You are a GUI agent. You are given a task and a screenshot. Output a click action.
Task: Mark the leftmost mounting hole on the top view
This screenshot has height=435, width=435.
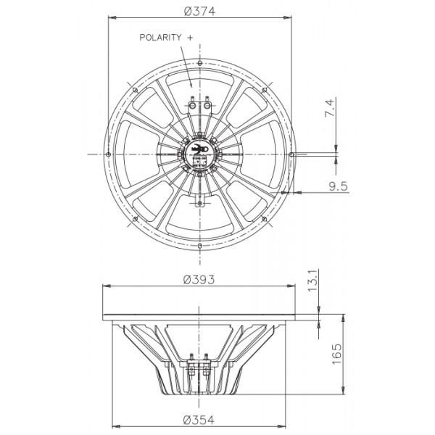[x=107, y=154]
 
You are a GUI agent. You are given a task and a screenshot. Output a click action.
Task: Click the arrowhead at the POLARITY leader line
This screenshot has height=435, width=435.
[x=191, y=86]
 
